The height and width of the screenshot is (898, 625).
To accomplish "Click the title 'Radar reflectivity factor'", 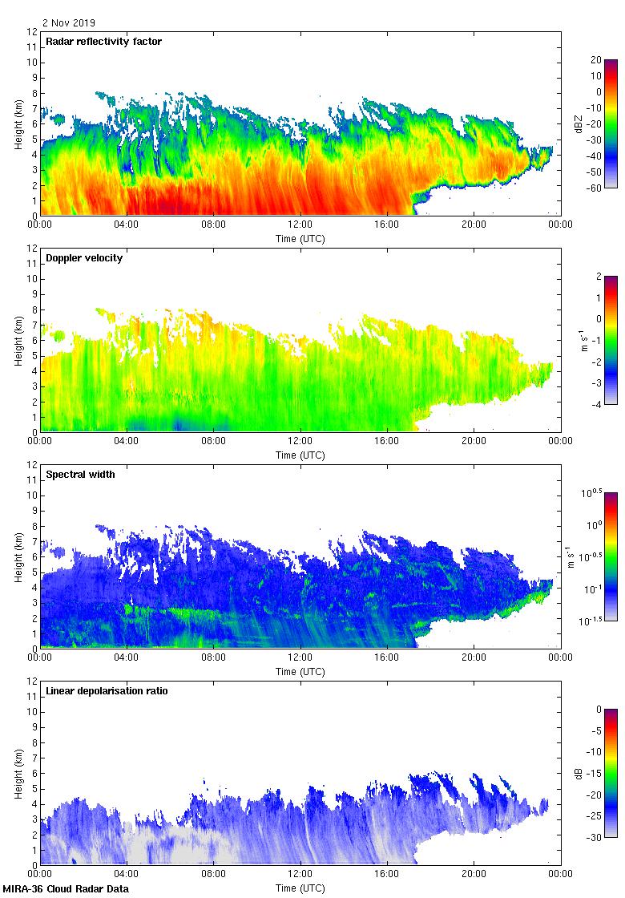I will [104, 42].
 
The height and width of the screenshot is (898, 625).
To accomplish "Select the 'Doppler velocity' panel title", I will [86, 258].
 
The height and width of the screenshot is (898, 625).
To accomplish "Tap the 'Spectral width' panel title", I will [81, 475].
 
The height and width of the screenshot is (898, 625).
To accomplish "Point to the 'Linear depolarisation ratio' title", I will [107, 691].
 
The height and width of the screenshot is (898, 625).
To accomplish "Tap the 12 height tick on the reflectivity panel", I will [33, 32].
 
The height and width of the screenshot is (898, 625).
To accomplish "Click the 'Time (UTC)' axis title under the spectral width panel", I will [300, 671].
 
